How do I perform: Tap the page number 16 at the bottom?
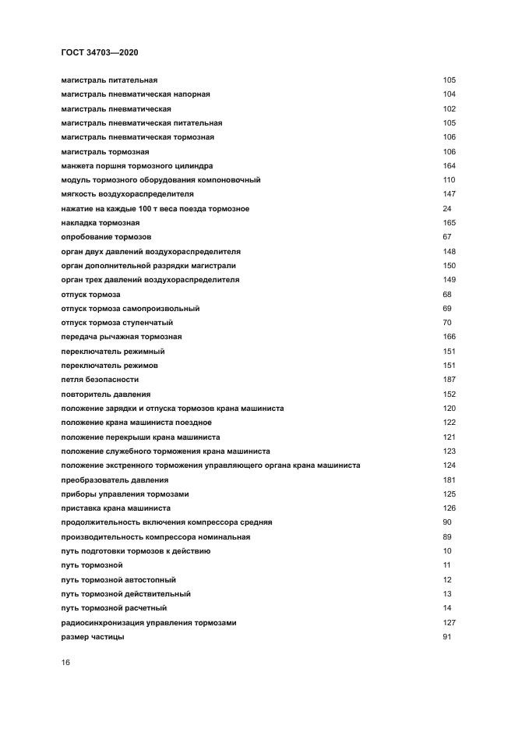coord(65,662)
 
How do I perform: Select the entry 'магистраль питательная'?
coord(109,80)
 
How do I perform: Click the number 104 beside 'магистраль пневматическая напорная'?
coord(449,94)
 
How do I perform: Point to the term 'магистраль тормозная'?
coord(104,151)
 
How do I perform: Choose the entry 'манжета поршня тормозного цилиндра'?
coord(136,166)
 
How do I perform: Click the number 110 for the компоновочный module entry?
coord(449,180)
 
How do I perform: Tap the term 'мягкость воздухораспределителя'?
coord(127,194)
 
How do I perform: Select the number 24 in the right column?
coord(446,209)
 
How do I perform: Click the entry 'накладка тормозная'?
coord(100,223)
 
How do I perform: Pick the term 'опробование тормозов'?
coord(106,237)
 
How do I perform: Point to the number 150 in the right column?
coord(449,266)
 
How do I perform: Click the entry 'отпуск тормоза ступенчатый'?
coord(117,323)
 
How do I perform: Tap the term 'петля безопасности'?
coord(100,380)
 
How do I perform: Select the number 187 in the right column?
coord(449,380)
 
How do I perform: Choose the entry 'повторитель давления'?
coord(106,395)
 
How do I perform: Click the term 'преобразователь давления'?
coord(115,480)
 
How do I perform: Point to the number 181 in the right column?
coord(449,480)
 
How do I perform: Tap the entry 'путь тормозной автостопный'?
coord(118,580)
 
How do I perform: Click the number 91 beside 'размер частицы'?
coord(446,637)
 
